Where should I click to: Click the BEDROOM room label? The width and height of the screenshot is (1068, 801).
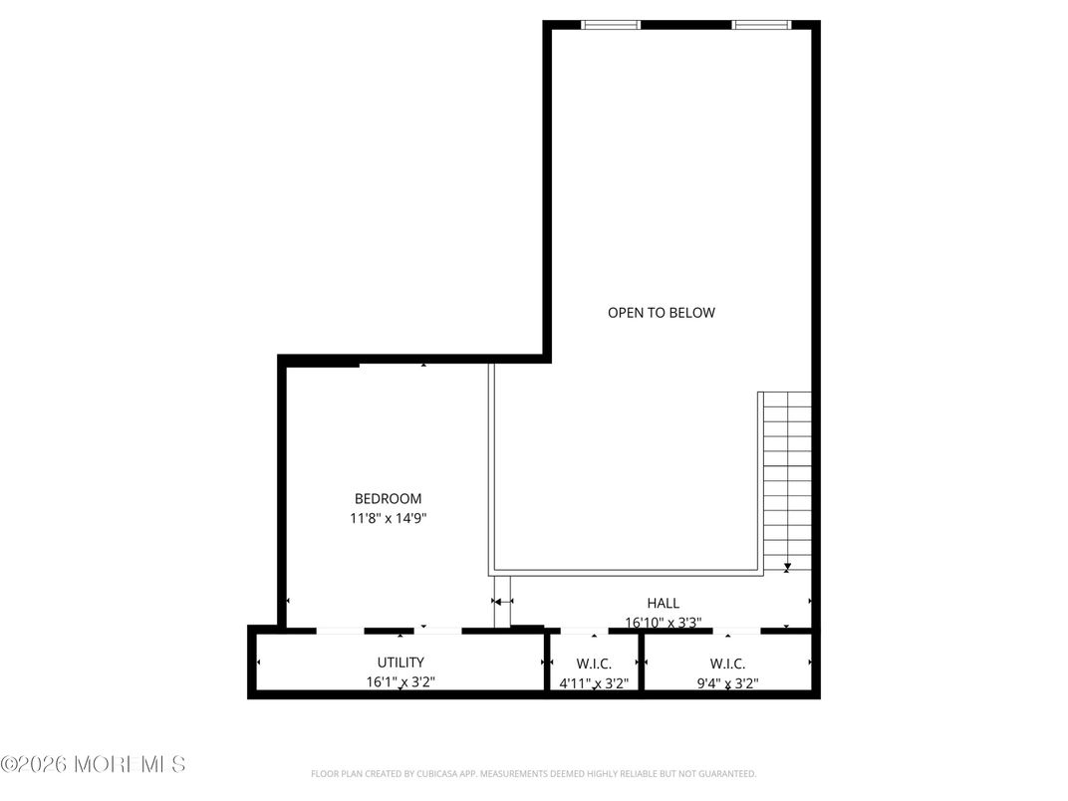point(388,498)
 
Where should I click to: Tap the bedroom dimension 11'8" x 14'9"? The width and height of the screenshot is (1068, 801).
point(388,518)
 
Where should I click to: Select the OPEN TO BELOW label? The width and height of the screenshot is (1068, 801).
point(662,312)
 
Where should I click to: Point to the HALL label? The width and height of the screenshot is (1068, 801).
point(664,603)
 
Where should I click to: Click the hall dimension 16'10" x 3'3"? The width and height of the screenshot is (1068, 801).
point(664,623)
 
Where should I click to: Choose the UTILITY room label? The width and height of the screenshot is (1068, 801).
point(400,662)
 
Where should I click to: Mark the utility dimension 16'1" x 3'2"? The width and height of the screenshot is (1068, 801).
point(400,682)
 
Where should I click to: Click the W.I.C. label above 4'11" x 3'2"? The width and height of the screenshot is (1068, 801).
point(594,663)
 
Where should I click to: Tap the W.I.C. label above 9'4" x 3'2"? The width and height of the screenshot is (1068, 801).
point(727,663)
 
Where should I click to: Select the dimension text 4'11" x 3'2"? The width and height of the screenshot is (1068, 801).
point(594,683)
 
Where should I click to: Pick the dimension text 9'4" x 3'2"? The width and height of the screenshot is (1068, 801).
point(727,683)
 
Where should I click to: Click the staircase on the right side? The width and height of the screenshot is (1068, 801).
point(788,478)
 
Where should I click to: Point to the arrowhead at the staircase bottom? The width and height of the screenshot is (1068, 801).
point(787,568)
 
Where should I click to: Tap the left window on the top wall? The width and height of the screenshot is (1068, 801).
point(611,25)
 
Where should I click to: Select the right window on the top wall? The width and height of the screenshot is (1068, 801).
point(762,25)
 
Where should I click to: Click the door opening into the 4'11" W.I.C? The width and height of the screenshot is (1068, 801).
point(585,631)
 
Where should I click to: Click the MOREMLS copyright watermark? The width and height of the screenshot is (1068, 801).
point(93,765)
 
